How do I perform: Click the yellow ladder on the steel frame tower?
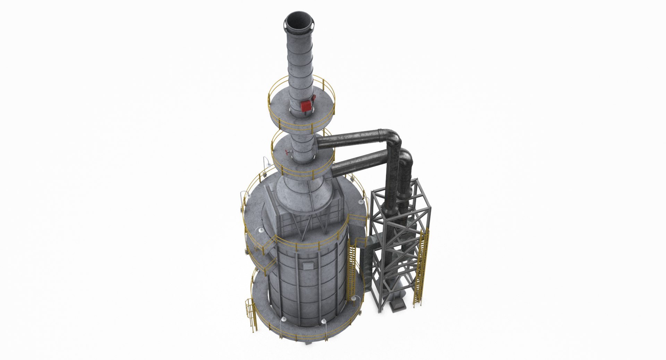point(420,267)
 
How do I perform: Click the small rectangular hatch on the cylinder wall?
point(307,266)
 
